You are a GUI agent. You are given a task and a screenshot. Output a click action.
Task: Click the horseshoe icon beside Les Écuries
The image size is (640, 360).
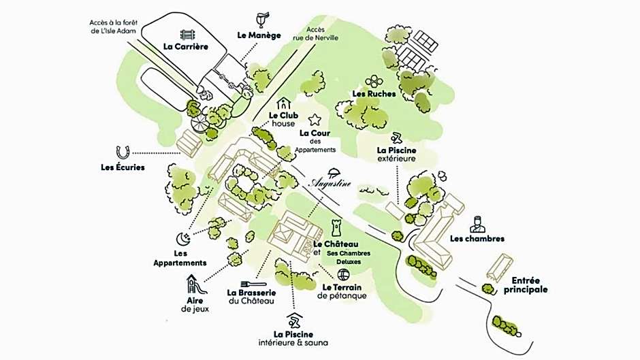[123, 152]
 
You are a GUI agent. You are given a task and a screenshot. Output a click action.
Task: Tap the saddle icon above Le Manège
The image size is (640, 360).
[259, 18]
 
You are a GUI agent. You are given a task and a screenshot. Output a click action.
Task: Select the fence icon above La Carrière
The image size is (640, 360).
[186, 34]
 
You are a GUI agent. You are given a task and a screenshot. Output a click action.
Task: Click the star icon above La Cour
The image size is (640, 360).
[315, 120]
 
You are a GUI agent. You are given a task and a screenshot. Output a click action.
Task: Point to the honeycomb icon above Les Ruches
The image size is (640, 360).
[374, 82]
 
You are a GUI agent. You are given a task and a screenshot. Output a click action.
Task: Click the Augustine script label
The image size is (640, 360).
[332, 183]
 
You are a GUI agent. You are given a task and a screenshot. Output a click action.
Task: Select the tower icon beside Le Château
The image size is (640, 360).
[335, 227]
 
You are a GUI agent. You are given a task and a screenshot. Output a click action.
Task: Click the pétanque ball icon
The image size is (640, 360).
[344, 274]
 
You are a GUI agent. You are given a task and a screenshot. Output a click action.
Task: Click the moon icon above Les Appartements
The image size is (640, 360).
[182, 238]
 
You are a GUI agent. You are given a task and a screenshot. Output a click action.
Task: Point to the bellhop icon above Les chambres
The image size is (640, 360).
[478, 224]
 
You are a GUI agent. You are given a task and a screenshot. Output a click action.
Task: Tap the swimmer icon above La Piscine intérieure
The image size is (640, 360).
[293, 320]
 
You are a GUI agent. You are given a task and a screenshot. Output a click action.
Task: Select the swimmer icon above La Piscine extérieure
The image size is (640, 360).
[396, 137]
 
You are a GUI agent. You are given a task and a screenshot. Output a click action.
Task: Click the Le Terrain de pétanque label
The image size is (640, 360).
[341, 291]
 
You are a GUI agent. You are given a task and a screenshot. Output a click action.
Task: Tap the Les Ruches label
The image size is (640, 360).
[374, 94]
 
